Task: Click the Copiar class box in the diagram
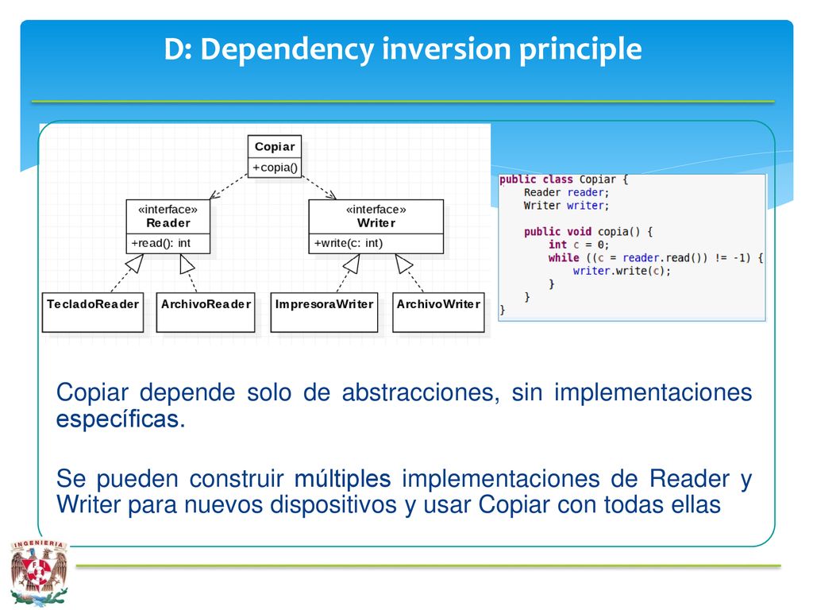[274, 156]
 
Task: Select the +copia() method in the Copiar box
[275, 168]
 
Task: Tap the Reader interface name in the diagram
[168, 223]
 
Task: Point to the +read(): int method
[160, 243]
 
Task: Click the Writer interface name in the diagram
[376, 223]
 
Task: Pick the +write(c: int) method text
[349, 243]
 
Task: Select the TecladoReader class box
[93, 312]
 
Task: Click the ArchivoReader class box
[206, 312]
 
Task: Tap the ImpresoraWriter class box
[324, 312]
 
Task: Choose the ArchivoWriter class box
[438, 312]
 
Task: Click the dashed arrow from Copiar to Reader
[229, 186]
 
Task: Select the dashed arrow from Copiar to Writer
[319, 187]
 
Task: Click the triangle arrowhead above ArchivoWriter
[403, 264]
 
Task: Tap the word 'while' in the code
[564, 258]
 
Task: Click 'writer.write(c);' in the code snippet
[622, 271]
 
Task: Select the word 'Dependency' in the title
[287, 50]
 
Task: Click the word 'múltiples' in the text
[342, 479]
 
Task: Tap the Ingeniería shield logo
[39, 573]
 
